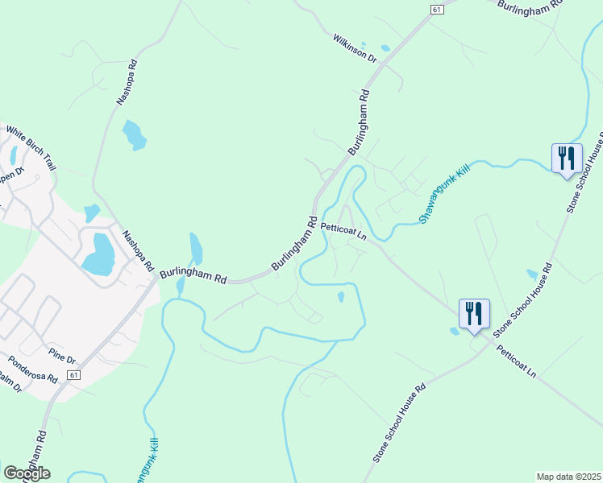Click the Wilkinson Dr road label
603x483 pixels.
(x=355, y=47)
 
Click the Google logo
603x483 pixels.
(x=27, y=473)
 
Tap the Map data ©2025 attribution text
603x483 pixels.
(x=568, y=477)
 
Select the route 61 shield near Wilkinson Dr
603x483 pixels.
(x=436, y=9)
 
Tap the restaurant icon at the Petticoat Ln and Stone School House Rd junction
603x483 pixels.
(x=474, y=314)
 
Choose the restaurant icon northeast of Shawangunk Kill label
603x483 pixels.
(x=567, y=157)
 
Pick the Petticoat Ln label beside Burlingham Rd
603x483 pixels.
(x=343, y=232)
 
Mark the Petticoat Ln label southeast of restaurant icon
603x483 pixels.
(x=516, y=362)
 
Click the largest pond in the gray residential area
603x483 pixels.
(x=98, y=254)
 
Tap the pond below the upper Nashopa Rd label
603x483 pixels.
(x=134, y=134)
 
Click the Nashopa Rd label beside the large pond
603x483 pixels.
(x=136, y=250)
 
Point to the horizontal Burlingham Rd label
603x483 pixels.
(x=193, y=275)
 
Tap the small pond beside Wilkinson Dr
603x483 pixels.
(x=385, y=47)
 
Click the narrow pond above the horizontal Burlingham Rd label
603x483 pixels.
(x=196, y=247)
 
